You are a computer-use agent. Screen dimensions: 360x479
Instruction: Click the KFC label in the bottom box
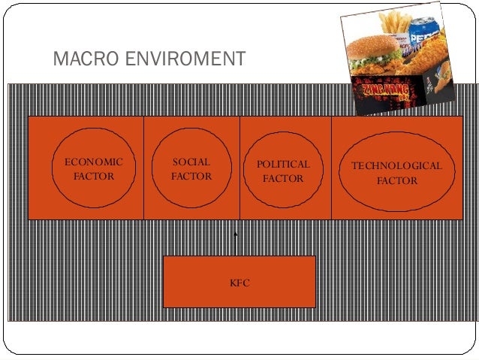[x=239, y=283]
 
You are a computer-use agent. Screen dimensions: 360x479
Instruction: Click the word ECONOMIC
[x=94, y=162]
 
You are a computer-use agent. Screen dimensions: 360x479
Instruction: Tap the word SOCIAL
[x=191, y=162]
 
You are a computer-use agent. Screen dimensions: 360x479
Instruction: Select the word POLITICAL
[x=283, y=164]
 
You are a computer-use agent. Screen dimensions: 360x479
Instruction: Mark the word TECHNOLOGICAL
[x=397, y=166]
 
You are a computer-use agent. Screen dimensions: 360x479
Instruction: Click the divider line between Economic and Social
[x=143, y=167]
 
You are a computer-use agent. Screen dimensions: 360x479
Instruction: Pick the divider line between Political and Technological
[x=332, y=167]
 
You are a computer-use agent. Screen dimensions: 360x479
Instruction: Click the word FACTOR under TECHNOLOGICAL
[x=397, y=181]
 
